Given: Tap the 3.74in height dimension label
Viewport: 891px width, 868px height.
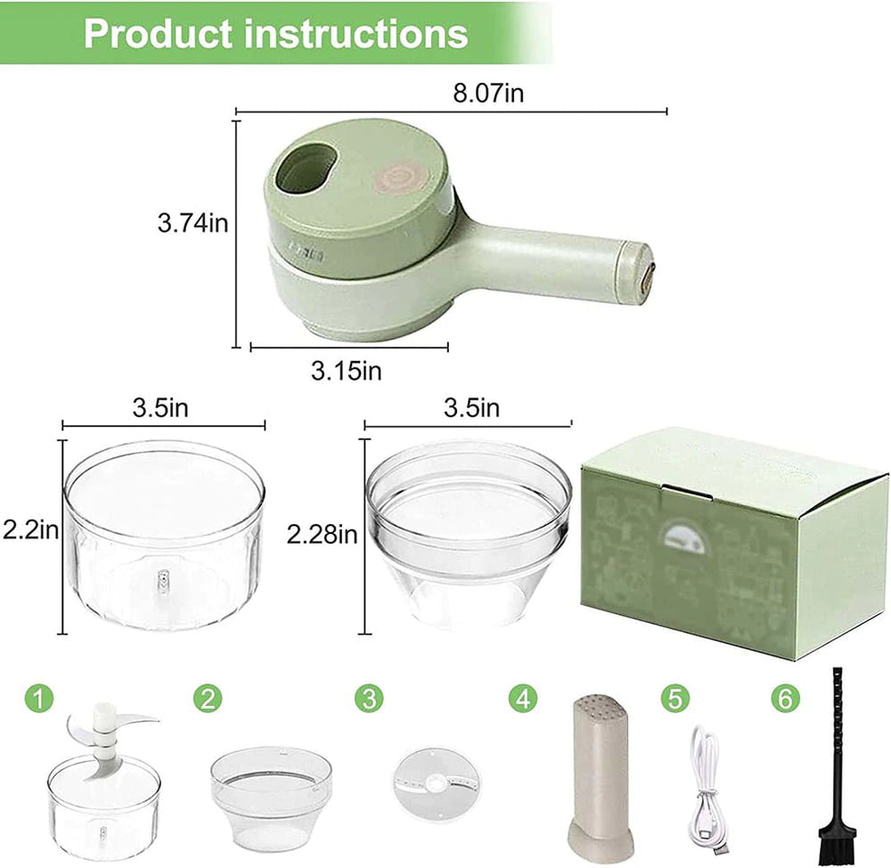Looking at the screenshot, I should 193,222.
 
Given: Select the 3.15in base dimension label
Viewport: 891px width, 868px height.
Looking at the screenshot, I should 346,370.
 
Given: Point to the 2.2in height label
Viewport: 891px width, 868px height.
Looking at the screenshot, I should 31,530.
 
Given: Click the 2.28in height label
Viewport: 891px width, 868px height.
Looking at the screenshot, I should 321,534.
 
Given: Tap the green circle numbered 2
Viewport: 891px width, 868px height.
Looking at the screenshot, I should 208,697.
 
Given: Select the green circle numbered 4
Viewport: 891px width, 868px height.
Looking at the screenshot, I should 522,697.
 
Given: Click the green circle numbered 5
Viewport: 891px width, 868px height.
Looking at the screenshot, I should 675,697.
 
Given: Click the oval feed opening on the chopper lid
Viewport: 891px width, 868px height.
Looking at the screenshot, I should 306,168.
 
